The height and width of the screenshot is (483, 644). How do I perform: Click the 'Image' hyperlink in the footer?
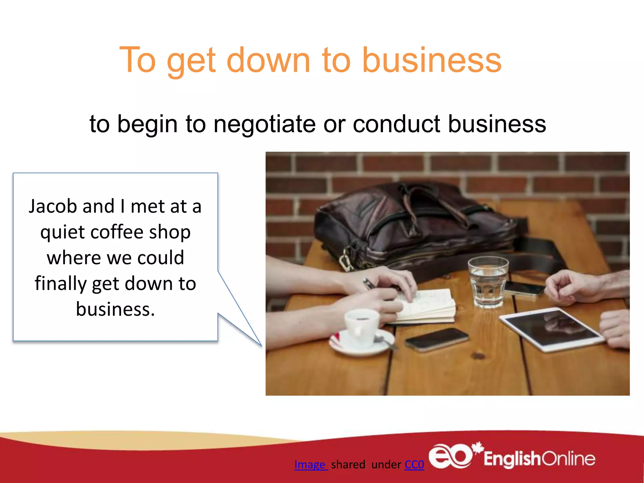pyautogui.click(x=310, y=464)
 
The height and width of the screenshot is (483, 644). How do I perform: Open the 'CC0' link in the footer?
pyautogui.click(x=414, y=464)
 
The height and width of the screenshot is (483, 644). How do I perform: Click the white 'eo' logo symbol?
pyautogui.click(x=450, y=456)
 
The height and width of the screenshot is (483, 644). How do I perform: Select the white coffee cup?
pyautogui.click(x=362, y=327)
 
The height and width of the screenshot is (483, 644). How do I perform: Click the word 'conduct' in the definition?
pyautogui.click(x=396, y=124)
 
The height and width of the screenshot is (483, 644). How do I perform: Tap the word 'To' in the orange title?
pyautogui.click(x=137, y=60)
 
